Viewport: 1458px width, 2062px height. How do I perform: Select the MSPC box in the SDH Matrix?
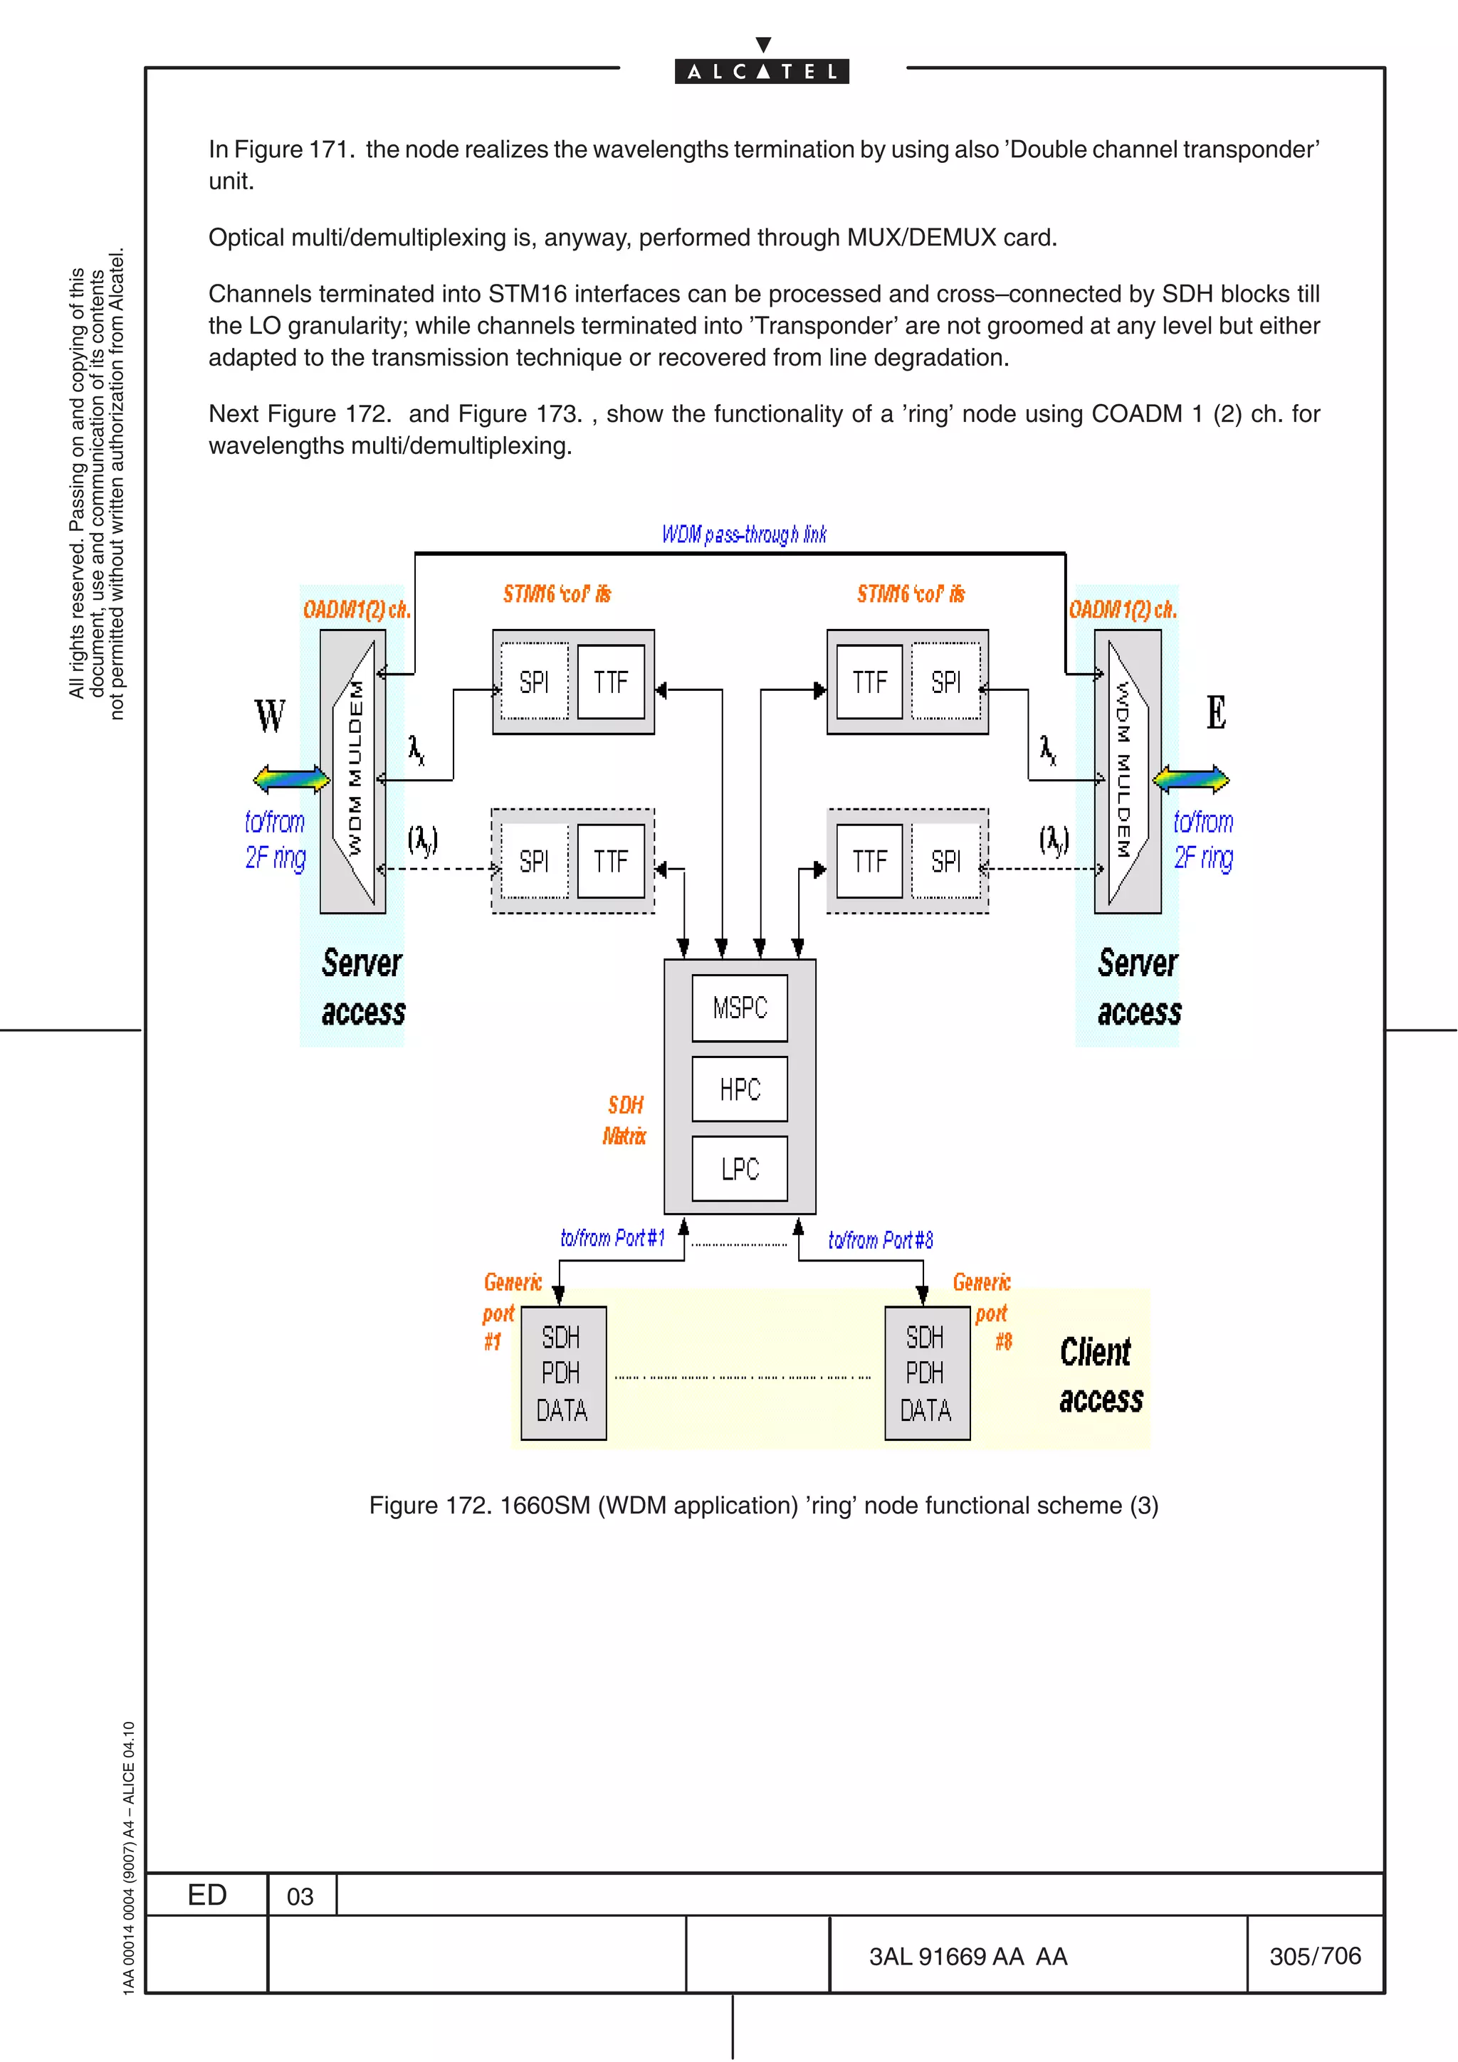pyautogui.click(x=740, y=1008)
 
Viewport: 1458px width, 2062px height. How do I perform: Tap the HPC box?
pyautogui.click(x=740, y=1089)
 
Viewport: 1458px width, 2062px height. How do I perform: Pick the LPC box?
pyautogui.click(x=740, y=1168)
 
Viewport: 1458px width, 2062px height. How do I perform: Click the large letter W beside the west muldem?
pyautogui.click(x=270, y=716)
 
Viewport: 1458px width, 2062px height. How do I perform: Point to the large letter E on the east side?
pyautogui.click(x=1215, y=712)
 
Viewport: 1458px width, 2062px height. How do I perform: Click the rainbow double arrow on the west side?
pyautogui.click(x=291, y=778)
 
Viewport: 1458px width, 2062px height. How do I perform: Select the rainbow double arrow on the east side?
pyautogui.click(x=1190, y=778)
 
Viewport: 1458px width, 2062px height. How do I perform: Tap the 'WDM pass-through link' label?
pyautogui.click(x=744, y=534)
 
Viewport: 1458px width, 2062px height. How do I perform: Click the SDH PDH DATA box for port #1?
pyautogui.click(x=563, y=1373)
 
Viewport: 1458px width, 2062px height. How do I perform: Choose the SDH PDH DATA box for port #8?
pyautogui.click(x=926, y=1373)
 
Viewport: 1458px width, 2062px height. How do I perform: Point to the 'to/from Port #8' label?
pyautogui.click(x=881, y=1240)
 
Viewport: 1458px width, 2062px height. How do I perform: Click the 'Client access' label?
pyautogui.click(x=1101, y=1375)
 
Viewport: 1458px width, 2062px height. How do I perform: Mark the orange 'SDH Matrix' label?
pyautogui.click(x=624, y=1120)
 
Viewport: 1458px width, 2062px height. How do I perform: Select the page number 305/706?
pyautogui.click(x=1314, y=1955)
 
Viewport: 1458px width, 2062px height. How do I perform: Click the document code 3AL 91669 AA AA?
pyautogui.click(x=967, y=1956)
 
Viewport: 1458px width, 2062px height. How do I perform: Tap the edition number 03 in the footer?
pyautogui.click(x=300, y=1896)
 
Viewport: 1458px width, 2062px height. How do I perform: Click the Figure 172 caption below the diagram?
pyautogui.click(x=764, y=1505)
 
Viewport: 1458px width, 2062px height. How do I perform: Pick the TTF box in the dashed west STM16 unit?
pyautogui.click(x=611, y=861)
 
